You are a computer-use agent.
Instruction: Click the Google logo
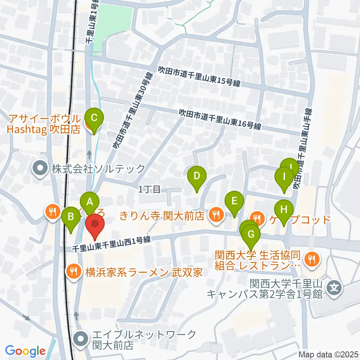pyautogui.click(x=25, y=351)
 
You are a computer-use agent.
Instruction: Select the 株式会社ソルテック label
pyautogui.click(x=98, y=169)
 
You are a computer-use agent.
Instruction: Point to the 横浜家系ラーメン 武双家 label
pyautogui.click(x=144, y=272)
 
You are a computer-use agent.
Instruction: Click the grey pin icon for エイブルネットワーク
pyautogui.click(x=81, y=339)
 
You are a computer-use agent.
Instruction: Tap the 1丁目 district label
pyautogui.click(x=150, y=190)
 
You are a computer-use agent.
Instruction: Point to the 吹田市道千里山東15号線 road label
pyautogui.click(x=199, y=76)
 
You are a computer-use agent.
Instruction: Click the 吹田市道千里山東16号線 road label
pyautogui.click(x=220, y=119)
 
